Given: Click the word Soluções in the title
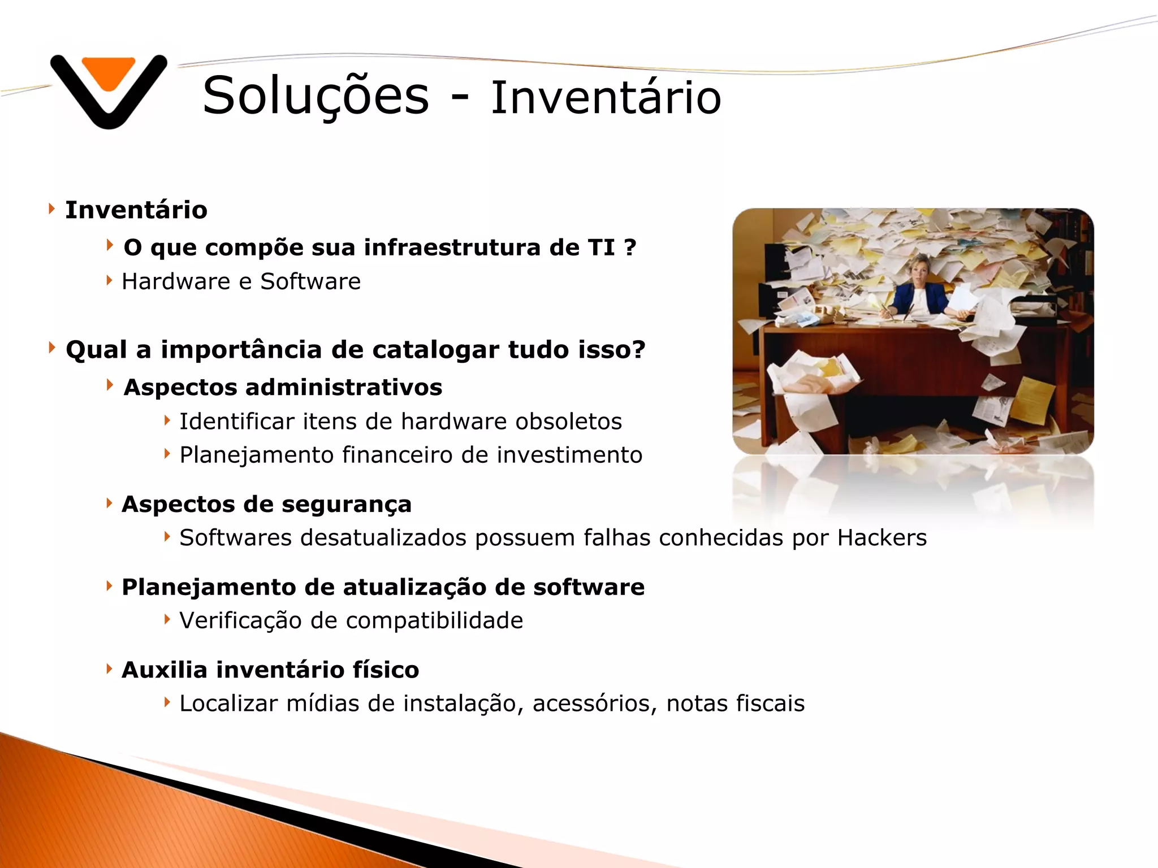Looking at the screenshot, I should (316, 96).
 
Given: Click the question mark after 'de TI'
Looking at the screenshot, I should (630, 247).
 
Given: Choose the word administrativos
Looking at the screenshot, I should (343, 388).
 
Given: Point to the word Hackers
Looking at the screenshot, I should (882, 538).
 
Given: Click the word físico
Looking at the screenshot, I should (386, 670).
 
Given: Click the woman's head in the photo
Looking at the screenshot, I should (917, 268).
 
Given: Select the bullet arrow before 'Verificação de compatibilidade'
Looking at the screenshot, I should (167, 619).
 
